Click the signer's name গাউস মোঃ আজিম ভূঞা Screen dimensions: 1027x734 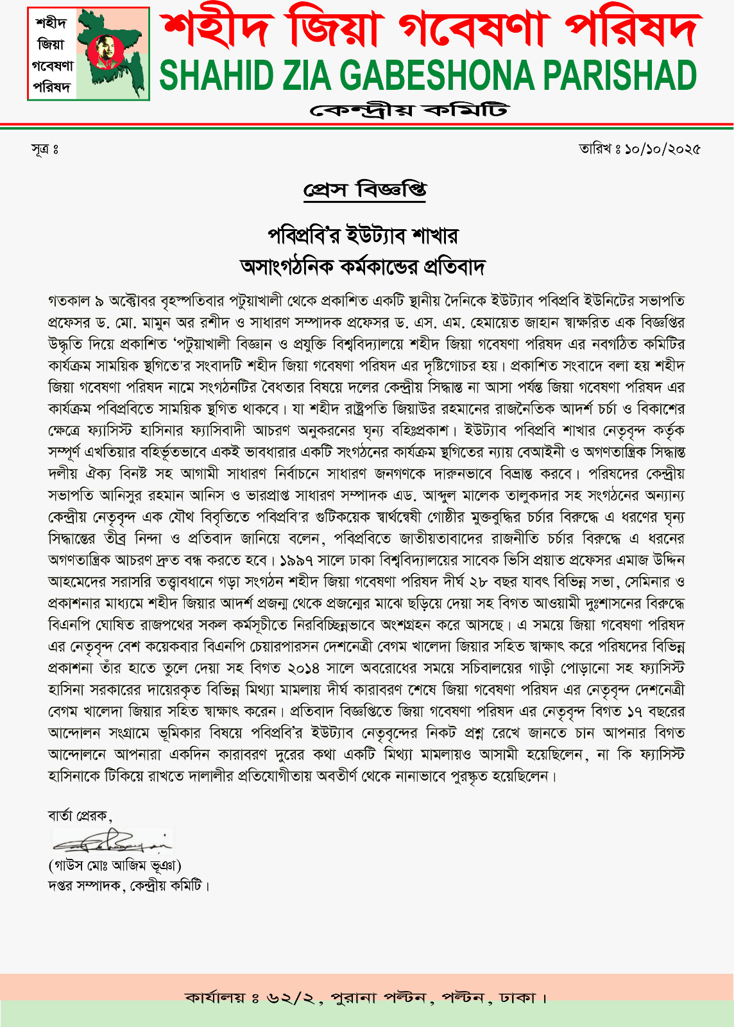point(115,865)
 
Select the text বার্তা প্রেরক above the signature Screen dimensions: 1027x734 point(78,815)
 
